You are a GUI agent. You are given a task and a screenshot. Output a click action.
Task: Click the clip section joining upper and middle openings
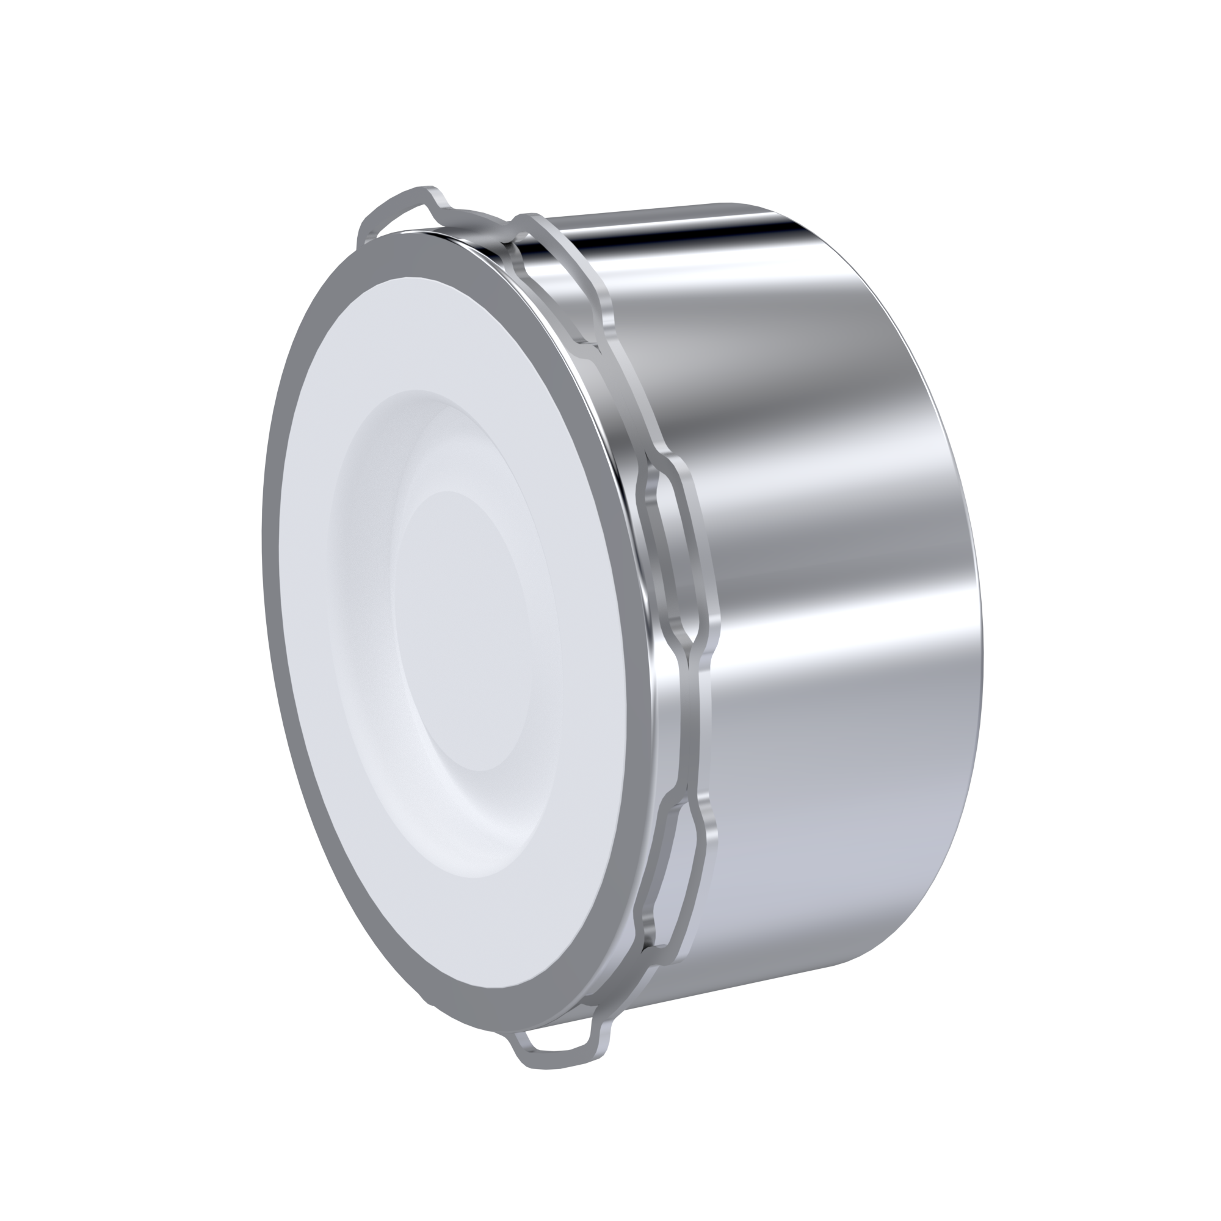click(x=626, y=405)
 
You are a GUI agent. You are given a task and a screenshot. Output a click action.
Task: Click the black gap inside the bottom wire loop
click(x=556, y=1043)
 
